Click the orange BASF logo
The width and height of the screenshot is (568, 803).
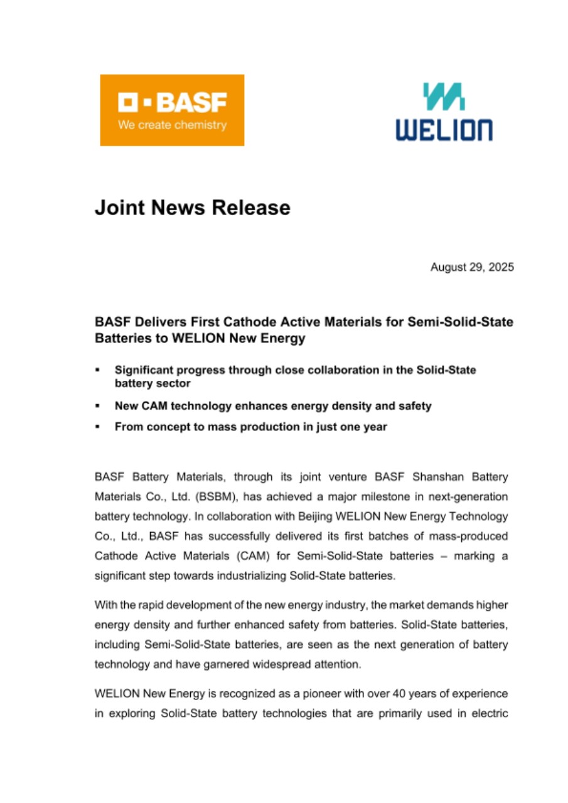172,110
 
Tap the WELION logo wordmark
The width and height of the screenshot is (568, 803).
444,130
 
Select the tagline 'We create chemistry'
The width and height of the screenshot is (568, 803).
172,125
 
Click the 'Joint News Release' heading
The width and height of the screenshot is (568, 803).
193,208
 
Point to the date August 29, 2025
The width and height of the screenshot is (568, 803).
472,268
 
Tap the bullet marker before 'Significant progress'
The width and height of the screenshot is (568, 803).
99,371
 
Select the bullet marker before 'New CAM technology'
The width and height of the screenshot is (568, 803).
99,407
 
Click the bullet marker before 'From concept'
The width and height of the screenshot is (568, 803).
99,427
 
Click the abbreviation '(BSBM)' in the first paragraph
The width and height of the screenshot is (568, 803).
219,496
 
